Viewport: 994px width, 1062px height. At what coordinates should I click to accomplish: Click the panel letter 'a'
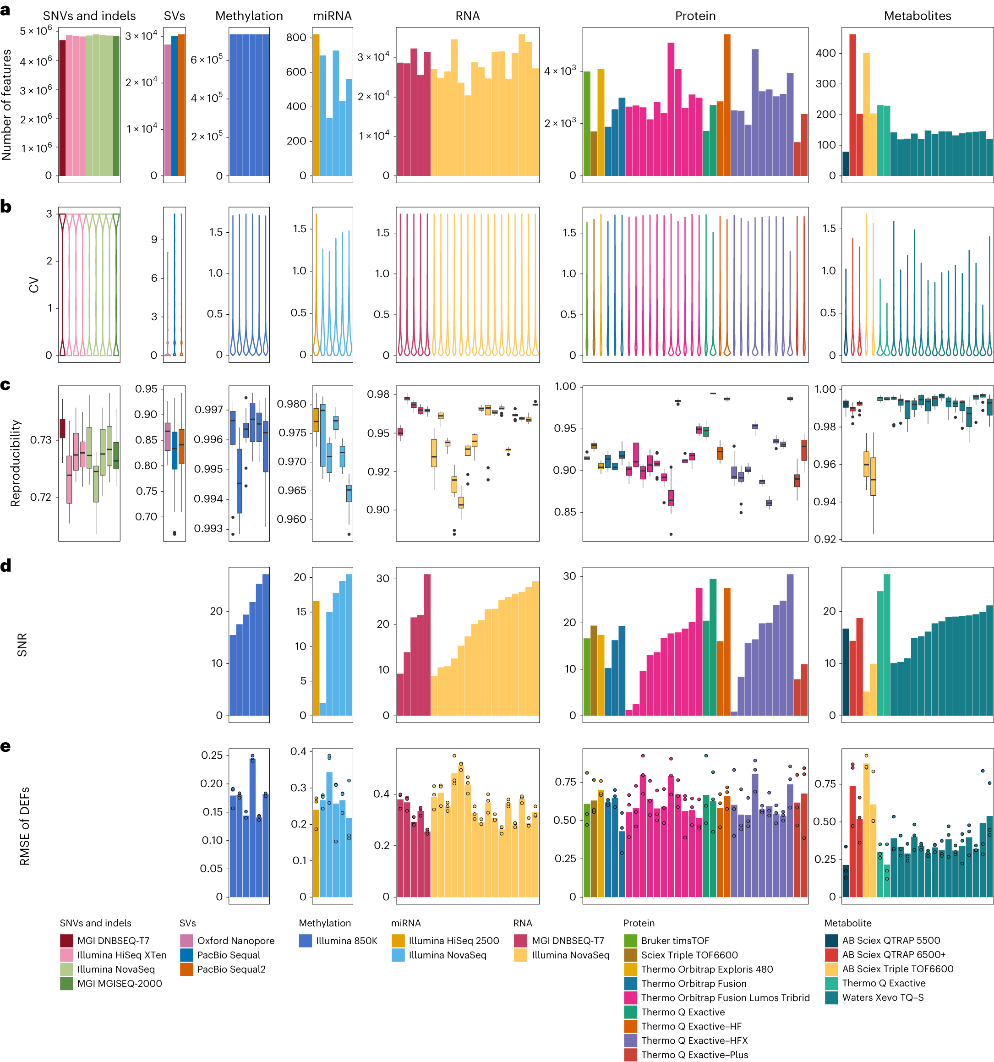click(x=5, y=9)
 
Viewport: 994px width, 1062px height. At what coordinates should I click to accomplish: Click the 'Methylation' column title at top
click(x=249, y=16)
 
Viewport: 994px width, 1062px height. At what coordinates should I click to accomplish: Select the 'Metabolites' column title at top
click(x=917, y=16)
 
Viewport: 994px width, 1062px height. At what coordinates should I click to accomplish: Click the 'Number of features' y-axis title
click(x=7, y=105)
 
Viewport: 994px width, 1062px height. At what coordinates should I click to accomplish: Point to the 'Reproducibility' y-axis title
click(x=16, y=463)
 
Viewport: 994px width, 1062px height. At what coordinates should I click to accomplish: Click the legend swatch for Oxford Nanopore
click(x=186, y=941)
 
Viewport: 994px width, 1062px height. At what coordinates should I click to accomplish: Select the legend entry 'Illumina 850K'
click(x=346, y=941)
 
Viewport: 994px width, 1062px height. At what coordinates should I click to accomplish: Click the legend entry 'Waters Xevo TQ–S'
click(x=882, y=997)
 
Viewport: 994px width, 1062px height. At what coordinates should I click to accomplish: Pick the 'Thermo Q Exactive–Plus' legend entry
click(x=694, y=1055)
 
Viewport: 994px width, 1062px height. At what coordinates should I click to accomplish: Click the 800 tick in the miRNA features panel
click(x=296, y=38)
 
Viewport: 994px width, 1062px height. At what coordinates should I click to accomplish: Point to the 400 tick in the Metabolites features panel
click(x=825, y=53)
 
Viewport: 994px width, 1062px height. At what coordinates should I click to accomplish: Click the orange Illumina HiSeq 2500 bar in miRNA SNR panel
click(x=316, y=658)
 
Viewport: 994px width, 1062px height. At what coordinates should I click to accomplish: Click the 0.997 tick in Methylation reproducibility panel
click(x=208, y=410)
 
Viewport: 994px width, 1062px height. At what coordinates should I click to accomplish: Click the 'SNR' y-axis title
click(x=22, y=645)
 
